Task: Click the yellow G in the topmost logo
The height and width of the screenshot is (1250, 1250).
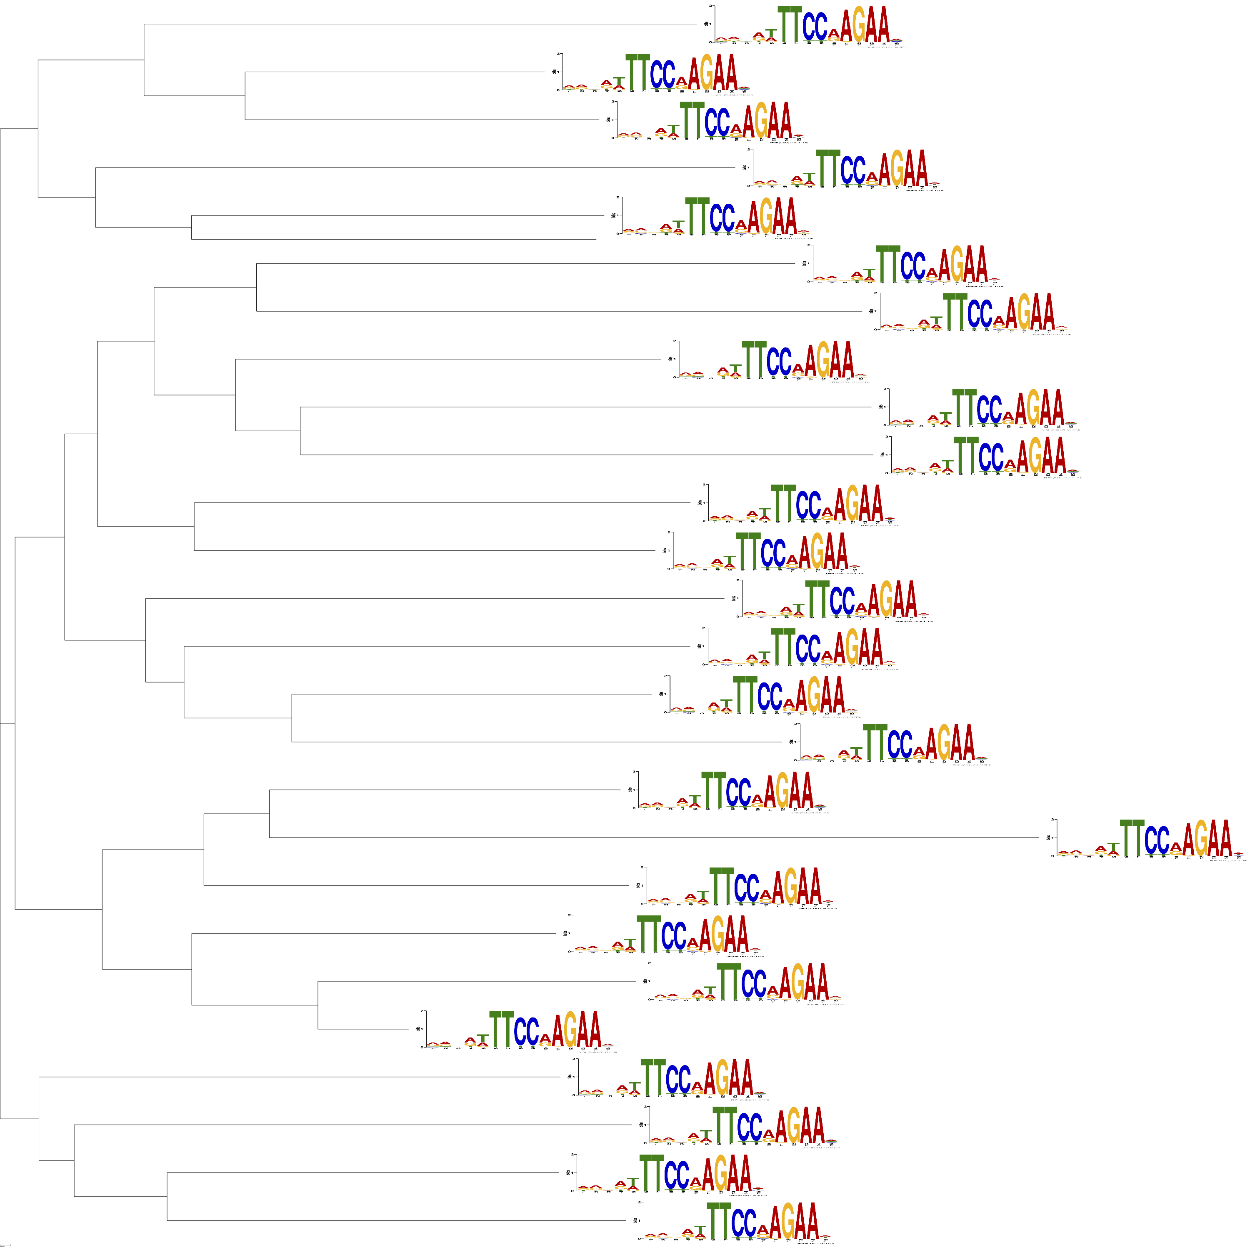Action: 859,26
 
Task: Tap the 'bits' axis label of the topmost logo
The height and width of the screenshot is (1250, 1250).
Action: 706,24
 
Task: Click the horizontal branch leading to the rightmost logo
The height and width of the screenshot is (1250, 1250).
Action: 647,838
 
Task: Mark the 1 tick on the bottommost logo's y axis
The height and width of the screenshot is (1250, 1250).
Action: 639,1220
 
